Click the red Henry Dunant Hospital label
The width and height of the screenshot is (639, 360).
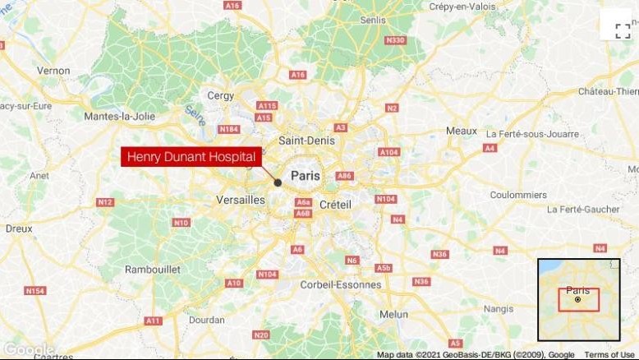[191, 156]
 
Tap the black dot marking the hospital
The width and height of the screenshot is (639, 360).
[278, 182]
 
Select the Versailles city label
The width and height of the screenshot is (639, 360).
[241, 200]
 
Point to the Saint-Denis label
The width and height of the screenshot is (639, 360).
[307, 141]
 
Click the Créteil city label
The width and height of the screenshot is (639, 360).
[334, 204]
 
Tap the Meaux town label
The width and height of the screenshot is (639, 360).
[461, 131]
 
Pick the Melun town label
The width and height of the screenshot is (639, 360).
[394, 314]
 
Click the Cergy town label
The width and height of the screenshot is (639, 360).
[220, 95]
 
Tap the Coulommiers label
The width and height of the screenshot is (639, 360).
[518, 195]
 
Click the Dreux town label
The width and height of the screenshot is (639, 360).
[19, 228]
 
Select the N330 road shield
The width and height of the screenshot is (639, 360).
[395, 40]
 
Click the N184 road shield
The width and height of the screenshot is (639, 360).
[229, 129]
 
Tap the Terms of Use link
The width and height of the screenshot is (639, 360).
[609, 355]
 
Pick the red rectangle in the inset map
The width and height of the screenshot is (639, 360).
[578, 300]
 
